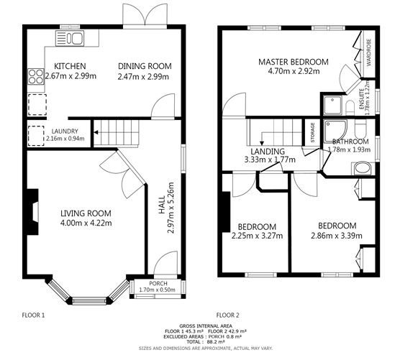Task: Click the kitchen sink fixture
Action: [70, 38]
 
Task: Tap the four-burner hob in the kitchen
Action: [36, 76]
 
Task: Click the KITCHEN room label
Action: [70, 66]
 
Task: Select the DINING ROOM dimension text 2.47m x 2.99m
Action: [143, 76]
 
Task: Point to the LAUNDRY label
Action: [65, 131]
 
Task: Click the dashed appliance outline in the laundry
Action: [36, 136]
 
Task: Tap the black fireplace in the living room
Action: [32, 212]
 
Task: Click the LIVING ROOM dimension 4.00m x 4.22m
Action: [86, 223]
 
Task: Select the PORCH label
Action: [158, 283]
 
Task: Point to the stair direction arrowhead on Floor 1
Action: [96, 132]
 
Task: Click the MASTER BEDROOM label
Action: [294, 62]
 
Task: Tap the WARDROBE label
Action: [368, 52]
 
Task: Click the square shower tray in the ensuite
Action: [332, 105]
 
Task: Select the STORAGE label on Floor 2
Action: [312, 132]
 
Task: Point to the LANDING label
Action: [268, 152]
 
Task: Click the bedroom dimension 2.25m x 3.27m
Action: [257, 236]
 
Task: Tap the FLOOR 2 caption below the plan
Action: [228, 315]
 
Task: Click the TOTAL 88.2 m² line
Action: [206, 341]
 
